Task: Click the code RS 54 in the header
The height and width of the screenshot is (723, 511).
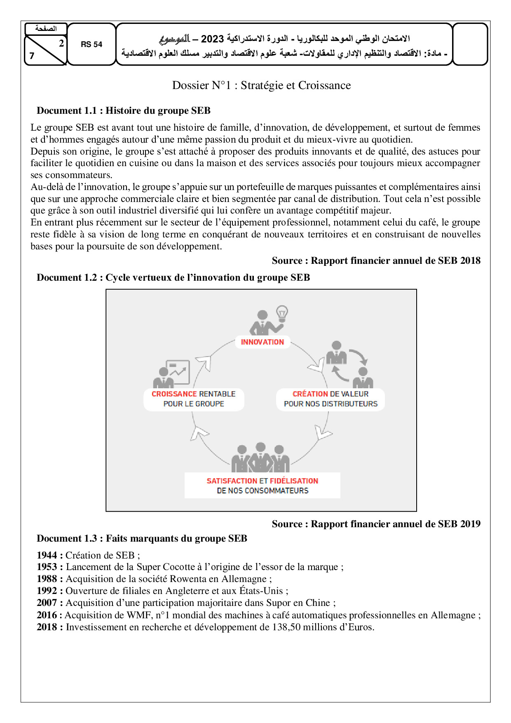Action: click(x=91, y=45)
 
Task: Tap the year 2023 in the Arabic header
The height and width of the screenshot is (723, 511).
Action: click(x=212, y=39)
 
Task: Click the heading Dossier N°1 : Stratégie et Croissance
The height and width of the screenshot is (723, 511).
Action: click(x=261, y=85)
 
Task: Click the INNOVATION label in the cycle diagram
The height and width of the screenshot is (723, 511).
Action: click(x=263, y=342)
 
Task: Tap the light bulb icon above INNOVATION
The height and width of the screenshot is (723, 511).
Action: click(x=282, y=314)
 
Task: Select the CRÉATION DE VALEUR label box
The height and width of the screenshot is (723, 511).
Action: click(x=331, y=399)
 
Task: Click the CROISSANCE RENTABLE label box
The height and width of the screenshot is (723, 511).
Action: click(x=194, y=399)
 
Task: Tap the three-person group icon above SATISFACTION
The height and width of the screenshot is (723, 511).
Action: click(x=260, y=458)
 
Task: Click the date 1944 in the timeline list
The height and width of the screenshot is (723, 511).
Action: click(x=47, y=555)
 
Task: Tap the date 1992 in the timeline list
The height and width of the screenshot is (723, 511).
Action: click(x=47, y=591)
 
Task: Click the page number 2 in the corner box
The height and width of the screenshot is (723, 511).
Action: click(x=61, y=43)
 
